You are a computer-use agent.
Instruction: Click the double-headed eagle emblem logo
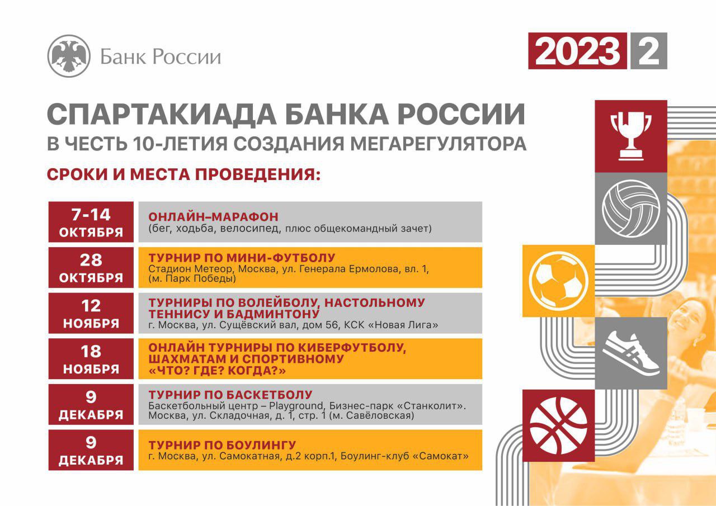(69, 56)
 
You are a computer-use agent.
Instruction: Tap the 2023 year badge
(577, 51)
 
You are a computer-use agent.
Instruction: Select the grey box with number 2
(648, 51)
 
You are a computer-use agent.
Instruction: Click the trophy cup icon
(630, 136)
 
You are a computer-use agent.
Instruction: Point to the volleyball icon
(630, 209)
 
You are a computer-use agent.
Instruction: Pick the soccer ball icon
(558, 281)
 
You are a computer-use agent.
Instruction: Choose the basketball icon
(558, 425)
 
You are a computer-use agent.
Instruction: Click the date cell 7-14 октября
(91, 222)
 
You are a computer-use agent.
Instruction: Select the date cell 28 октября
(91, 267)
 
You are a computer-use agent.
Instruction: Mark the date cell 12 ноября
(91, 313)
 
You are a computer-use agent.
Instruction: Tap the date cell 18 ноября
(91, 359)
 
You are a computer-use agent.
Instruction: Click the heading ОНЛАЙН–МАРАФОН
(213, 217)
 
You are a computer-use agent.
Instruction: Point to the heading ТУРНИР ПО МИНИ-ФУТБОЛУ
(242, 258)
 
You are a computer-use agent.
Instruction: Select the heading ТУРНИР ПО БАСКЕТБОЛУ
(230, 395)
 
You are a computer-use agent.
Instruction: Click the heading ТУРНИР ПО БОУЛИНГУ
(222, 445)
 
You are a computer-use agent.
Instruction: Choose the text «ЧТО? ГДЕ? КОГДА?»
(217, 371)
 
